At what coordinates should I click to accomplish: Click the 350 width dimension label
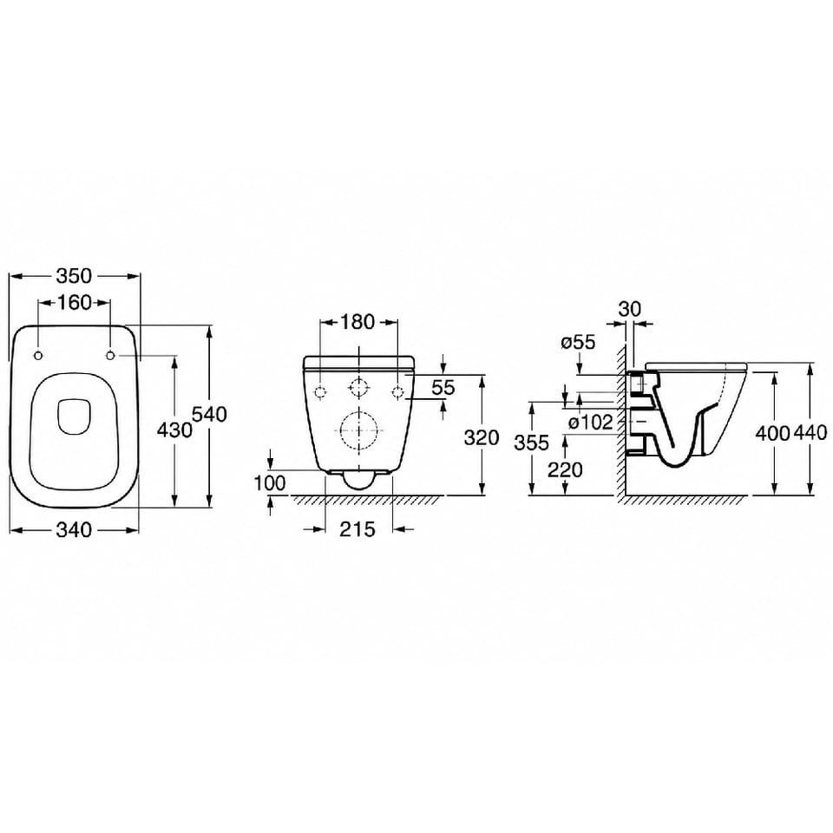click(74, 276)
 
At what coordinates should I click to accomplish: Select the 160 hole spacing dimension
click(74, 303)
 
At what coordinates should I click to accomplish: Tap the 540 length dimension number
click(209, 415)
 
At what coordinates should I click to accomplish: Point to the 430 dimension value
click(174, 430)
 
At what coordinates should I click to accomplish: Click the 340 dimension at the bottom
click(74, 529)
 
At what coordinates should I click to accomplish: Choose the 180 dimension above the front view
click(357, 322)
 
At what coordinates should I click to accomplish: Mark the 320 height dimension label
click(482, 437)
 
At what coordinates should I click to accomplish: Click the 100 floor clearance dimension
click(269, 483)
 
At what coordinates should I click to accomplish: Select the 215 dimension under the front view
click(357, 529)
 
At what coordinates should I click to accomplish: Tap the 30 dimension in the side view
click(630, 309)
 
